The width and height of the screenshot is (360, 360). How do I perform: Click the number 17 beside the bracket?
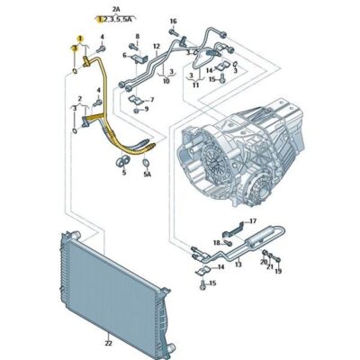click(x=252, y=221)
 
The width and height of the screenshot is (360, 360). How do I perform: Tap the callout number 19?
click(x=278, y=271)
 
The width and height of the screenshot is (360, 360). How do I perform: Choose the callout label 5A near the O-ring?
click(x=147, y=175)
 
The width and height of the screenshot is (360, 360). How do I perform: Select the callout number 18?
click(x=217, y=242)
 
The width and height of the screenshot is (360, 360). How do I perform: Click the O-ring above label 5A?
click(x=145, y=164)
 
